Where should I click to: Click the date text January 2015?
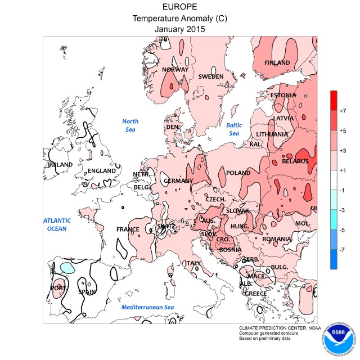180,28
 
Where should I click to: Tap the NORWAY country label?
175,70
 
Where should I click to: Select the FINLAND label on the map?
277,62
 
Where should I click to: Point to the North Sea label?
130,125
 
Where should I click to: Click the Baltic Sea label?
233,129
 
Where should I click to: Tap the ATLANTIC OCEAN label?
57,224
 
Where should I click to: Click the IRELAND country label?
60,165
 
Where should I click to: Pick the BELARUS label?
295,161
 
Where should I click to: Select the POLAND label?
238,173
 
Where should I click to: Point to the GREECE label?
256,293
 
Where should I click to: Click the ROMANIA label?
278,239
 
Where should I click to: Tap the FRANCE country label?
128,229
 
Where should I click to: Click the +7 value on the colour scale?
343,111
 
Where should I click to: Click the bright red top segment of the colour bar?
334,100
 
